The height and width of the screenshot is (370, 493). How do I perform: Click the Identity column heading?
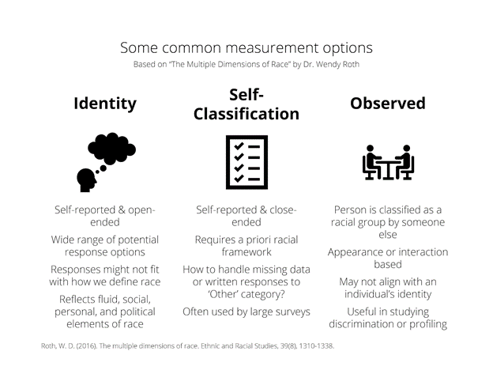pyautogui.click(x=105, y=104)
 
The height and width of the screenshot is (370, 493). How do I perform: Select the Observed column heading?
pyautogui.click(x=388, y=104)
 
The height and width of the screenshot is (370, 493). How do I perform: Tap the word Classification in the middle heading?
pyautogui.click(x=246, y=114)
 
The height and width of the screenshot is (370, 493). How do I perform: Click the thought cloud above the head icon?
pyautogui.click(x=111, y=149)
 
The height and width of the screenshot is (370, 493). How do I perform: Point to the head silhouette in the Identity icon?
pyautogui.click(x=86, y=180)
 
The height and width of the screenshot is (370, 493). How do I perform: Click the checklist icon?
pyautogui.click(x=246, y=162)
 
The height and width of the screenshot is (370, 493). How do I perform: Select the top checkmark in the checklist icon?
pyautogui.click(x=239, y=146)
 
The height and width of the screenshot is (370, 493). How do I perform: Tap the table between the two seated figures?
pyautogui.click(x=388, y=169)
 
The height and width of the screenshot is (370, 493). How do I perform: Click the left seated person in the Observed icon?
pyautogui.click(x=372, y=162)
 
